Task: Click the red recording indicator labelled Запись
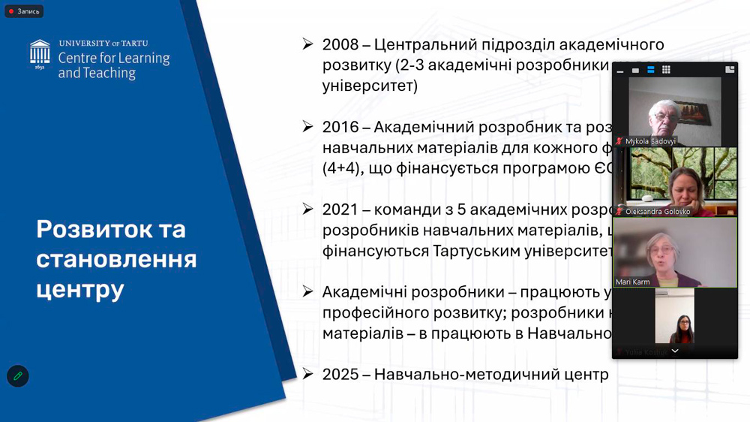point(23,11)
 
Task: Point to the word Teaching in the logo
point(109,74)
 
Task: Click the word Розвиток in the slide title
point(91,229)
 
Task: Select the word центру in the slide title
point(79,289)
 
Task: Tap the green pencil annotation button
point(18,375)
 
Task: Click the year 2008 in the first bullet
point(340,45)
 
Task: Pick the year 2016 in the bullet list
point(340,127)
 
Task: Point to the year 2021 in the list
point(340,209)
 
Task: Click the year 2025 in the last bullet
point(340,374)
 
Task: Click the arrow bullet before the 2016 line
point(307,127)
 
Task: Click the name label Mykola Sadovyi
point(649,141)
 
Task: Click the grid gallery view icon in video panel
point(666,70)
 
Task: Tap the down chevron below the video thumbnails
point(675,351)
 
